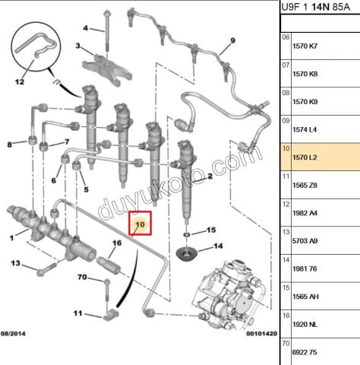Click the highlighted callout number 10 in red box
point(140,225)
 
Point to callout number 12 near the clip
point(20,81)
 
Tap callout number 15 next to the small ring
point(212,229)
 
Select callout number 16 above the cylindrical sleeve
point(117,243)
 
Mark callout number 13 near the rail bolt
point(15,263)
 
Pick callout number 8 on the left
point(10,144)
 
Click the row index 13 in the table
point(286,231)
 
